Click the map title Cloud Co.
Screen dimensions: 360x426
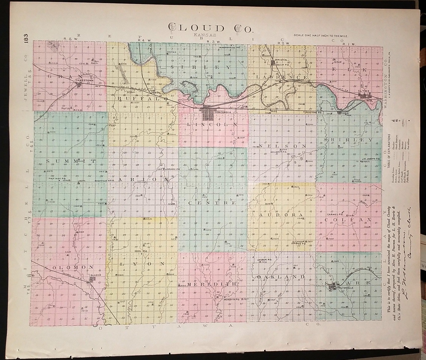[x=211, y=28]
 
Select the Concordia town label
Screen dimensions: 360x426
[x=224, y=112]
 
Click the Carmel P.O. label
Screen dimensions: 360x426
[x=335, y=215]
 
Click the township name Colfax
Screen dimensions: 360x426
[x=348, y=220]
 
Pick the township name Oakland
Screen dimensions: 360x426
[x=281, y=277]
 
